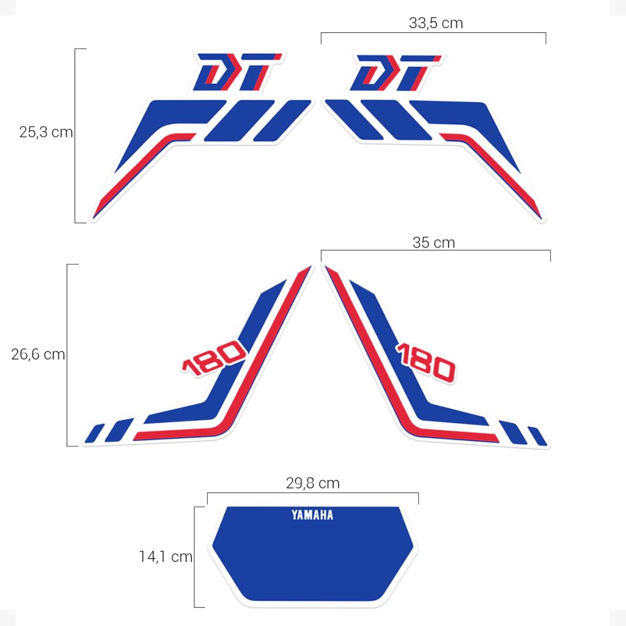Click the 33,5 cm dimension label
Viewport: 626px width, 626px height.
pyautogui.click(x=435, y=23)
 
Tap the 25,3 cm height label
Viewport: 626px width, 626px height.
pyautogui.click(x=46, y=132)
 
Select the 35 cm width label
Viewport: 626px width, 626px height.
pyautogui.click(x=433, y=242)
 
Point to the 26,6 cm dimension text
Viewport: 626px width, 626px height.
pyautogui.click(x=38, y=354)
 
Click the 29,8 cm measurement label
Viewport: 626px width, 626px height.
pyautogui.click(x=312, y=483)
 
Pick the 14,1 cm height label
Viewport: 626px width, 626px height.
pyautogui.click(x=165, y=556)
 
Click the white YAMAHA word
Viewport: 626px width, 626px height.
pyautogui.click(x=312, y=515)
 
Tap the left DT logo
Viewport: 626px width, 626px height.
pyautogui.click(x=238, y=72)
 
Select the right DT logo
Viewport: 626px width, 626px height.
pyautogui.click(x=396, y=73)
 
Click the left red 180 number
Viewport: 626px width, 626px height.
pyautogui.click(x=214, y=358)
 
